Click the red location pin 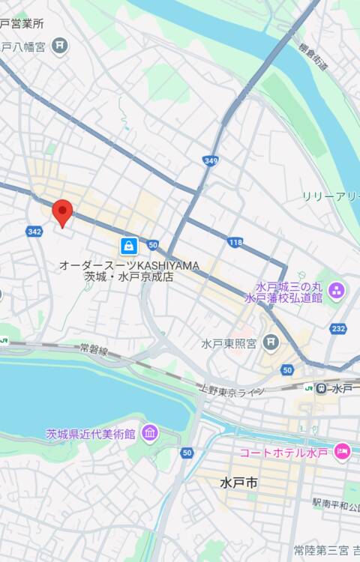pyautogui.click(x=62, y=213)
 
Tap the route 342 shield pyautogui.click(x=34, y=232)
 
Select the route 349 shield pyautogui.click(x=211, y=160)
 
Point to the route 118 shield pyautogui.click(x=235, y=242)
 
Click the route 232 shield pyautogui.click(x=338, y=328)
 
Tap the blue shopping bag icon pyautogui.click(x=129, y=246)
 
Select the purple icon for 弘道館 pyautogui.click(x=336, y=290)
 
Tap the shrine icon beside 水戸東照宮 pyautogui.click(x=271, y=343)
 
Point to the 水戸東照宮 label pyautogui.click(x=229, y=344)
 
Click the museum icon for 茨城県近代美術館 pyautogui.click(x=149, y=433)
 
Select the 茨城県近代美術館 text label pyautogui.click(x=90, y=434)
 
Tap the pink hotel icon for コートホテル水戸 pyautogui.click(x=342, y=451)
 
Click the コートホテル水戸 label pyautogui.click(x=284, y=453)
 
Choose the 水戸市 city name pyautogui.click(x=239, y=483)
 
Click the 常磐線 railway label pyautogui.click(x=94, y=349)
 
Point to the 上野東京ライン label pyautogui.click(x=232, y=390)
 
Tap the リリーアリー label pyautogui.click(x=331, y=196)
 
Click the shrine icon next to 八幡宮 pyautogui.click(x=60, y=46)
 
